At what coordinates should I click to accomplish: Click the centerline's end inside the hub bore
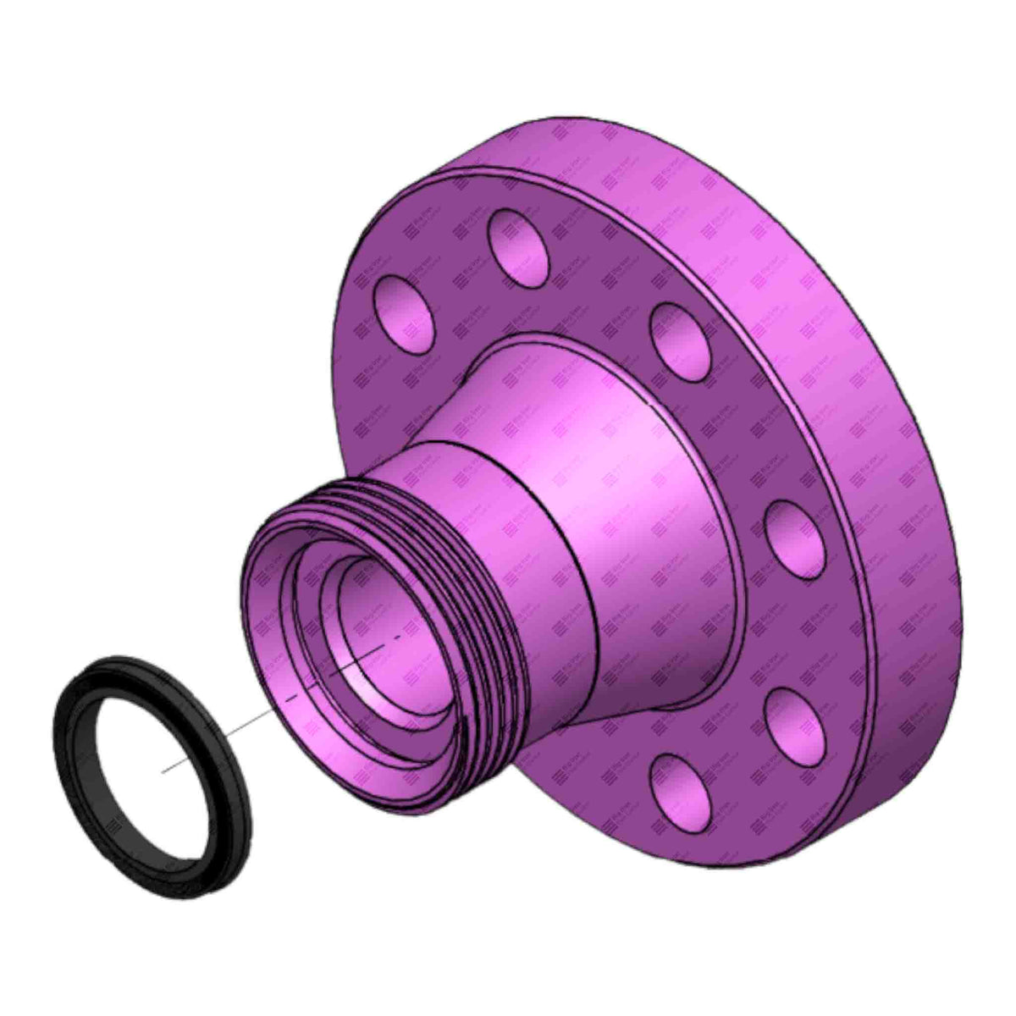coord(398,638)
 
